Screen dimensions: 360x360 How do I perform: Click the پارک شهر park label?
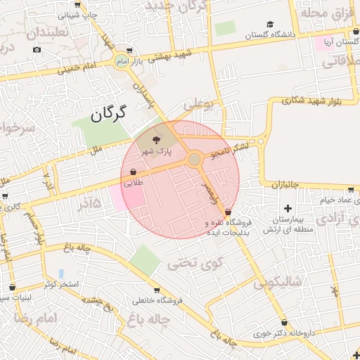click(155, 151)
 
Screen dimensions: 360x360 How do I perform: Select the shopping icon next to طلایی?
click(133, 172)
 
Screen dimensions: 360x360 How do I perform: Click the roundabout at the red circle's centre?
click(194, 160)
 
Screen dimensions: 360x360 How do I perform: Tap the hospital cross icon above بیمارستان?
click(287, 208)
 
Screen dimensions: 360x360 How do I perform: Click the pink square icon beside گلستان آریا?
click(328, 43)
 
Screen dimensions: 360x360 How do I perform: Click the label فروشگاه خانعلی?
click(157, 300)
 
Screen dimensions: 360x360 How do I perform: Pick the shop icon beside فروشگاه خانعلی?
click(156, 290)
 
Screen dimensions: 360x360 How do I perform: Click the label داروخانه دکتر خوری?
click(285, 333)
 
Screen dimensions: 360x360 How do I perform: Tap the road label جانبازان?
click(285, 184)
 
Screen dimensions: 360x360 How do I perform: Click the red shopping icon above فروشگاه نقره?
click(226, 212)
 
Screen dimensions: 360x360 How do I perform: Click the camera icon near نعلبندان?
click(37, 49)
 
